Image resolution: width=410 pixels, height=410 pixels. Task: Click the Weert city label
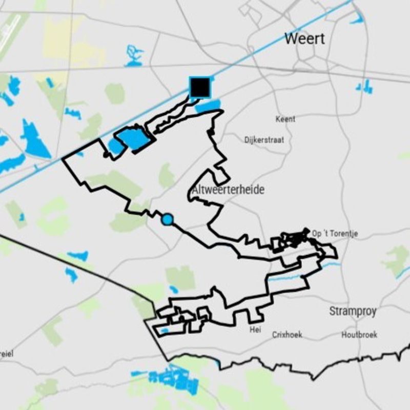304,38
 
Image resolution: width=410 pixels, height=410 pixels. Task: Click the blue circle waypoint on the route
167,220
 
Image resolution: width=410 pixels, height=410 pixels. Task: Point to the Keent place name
285,119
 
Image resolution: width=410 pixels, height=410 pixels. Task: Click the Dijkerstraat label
264,139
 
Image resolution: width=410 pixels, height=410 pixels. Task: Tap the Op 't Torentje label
335,234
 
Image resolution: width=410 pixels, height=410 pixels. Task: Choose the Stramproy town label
353,311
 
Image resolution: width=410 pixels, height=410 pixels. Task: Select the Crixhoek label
287,335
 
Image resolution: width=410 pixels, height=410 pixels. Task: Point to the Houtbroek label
359,335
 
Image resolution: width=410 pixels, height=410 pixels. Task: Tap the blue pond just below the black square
208,106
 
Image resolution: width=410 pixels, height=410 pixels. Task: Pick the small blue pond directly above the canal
134,54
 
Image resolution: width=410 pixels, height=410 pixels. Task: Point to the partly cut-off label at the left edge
6,354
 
